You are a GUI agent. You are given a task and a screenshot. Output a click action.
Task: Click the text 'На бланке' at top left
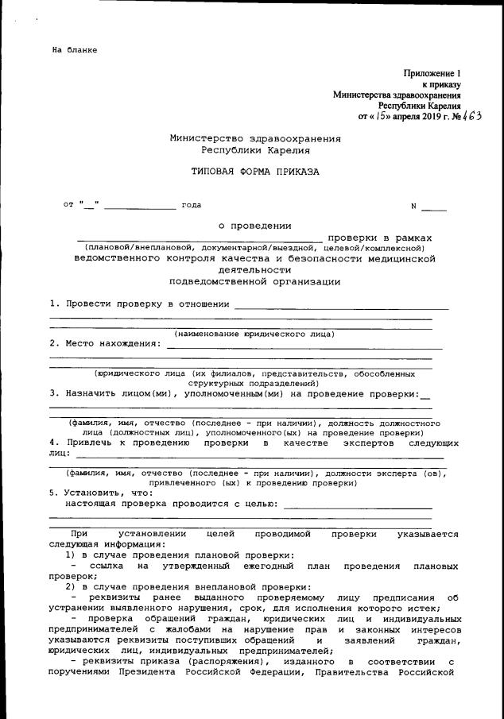(75, 50)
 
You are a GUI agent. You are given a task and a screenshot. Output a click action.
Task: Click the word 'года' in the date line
(192, 205)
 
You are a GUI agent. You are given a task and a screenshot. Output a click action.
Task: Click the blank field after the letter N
(434, 207)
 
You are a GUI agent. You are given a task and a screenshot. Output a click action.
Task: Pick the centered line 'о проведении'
(254, 226)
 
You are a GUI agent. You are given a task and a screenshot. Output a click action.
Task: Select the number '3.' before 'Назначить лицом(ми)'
(54, 392)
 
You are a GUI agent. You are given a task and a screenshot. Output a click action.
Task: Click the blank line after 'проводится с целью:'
(358, 505)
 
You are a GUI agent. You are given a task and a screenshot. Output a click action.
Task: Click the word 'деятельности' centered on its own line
(254, 269)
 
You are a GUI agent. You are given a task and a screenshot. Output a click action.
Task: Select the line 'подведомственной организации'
(254, 281)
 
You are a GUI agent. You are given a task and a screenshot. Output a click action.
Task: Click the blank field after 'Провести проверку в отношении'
(342, 305)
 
